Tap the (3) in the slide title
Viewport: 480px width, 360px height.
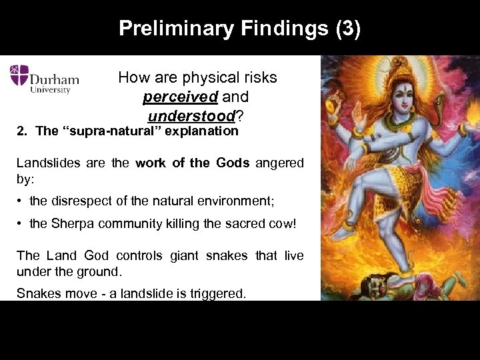click(x=345, y=29)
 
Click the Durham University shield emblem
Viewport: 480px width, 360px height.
click(x=19, y=75)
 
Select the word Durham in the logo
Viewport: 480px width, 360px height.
click(x=55, y=79)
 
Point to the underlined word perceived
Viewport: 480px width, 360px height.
click(x=180, y=97)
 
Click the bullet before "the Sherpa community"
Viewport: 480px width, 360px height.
click(x=21, y=224)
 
